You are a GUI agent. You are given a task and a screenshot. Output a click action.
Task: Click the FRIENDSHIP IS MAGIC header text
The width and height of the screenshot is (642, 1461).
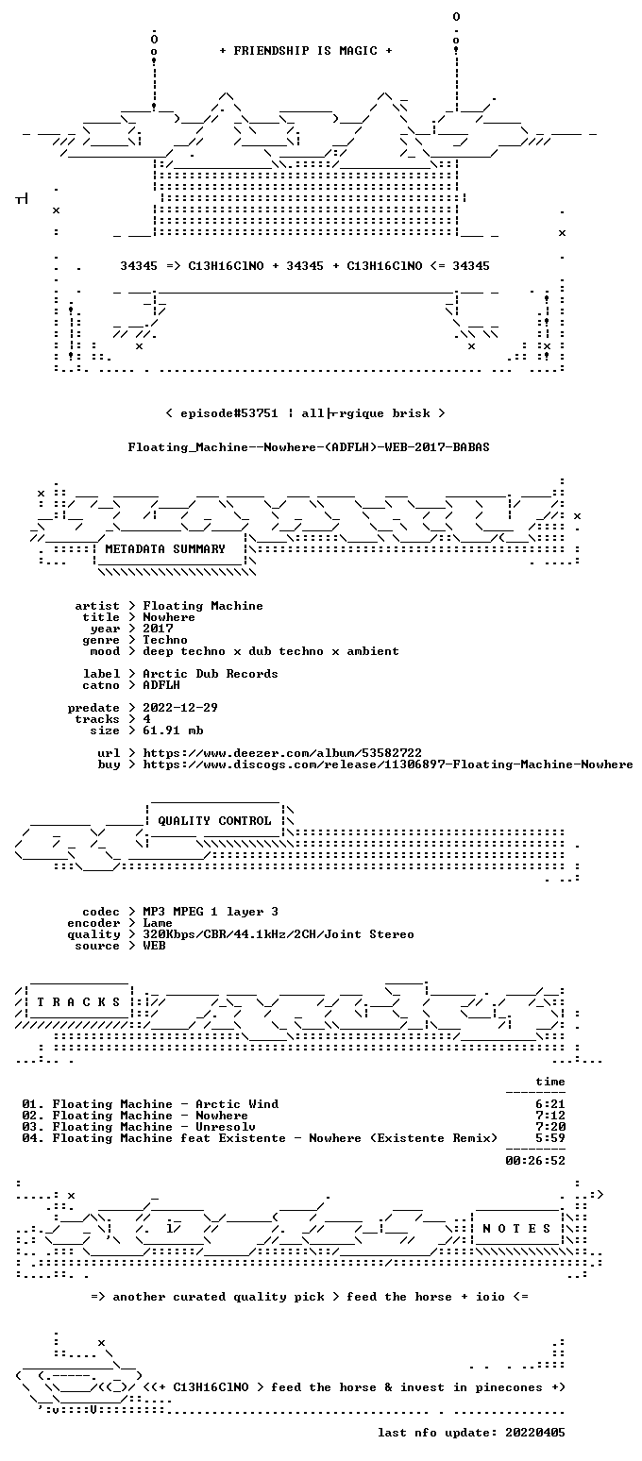(305, 51)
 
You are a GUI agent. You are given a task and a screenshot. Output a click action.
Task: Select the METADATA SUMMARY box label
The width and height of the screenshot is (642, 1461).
(164, 549)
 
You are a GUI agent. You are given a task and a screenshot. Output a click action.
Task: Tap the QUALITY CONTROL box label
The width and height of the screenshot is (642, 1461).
(214, 820)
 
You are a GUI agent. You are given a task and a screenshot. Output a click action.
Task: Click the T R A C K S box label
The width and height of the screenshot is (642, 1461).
(79, 1001)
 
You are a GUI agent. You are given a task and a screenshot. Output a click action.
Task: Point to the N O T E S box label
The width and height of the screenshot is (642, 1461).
(516, 1228)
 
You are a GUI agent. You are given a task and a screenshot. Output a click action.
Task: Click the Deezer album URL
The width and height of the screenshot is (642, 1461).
(282, 752)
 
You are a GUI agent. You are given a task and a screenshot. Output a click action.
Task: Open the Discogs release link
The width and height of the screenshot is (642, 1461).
(387, 764)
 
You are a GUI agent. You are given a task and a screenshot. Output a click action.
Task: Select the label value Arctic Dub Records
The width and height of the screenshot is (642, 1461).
(211, 674)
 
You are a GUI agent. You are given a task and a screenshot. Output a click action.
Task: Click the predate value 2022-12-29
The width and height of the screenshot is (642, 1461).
(180, 708)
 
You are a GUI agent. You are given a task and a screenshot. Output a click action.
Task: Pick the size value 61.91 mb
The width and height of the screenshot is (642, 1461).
(173, 730)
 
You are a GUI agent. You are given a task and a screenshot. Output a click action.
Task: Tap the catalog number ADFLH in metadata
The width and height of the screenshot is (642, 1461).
(161, 685)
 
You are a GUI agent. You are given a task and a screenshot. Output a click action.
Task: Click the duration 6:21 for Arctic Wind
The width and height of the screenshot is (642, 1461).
(550, 1104)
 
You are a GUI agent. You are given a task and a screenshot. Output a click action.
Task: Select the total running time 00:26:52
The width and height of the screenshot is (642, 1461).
(535, 1160)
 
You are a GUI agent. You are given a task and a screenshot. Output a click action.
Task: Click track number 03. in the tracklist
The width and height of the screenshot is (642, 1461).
(33, 1126)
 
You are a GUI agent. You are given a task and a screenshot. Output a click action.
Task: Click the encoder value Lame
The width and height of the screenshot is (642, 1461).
(158, 923)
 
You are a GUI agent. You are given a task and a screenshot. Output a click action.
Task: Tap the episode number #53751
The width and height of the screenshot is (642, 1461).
(252, 413)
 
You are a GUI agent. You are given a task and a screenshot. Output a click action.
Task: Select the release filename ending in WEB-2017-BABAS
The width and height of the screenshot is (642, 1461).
(309, 447)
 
